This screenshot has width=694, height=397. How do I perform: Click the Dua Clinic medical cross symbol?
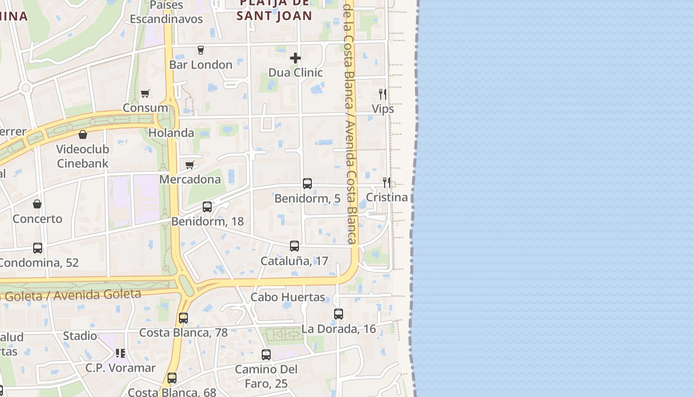(295, 58)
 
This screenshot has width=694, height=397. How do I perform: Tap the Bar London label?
(201, 65)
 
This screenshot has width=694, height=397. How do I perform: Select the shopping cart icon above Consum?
(145, 93)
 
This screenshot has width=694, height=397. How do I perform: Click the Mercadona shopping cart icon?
(189, 165)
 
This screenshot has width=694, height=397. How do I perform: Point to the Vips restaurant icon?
(383, 94)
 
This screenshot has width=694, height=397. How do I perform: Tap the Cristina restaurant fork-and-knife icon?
(387, 183)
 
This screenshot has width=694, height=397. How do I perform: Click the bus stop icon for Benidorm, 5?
(307, 184)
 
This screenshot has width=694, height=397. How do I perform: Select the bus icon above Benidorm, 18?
(207, 207)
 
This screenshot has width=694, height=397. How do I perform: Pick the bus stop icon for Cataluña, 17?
(294, 246)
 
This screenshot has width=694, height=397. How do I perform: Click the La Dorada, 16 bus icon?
(339, 314)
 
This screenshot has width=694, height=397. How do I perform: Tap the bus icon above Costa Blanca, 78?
(183, 318)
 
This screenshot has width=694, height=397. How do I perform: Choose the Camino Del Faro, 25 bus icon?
(266, 355)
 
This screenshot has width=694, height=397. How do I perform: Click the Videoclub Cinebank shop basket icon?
(83, 134)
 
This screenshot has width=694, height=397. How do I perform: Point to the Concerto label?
(38, 219)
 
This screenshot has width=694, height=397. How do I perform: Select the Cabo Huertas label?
(288, 297)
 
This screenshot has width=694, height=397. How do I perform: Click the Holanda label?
(171, 133)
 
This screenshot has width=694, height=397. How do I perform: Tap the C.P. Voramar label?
(120, 368)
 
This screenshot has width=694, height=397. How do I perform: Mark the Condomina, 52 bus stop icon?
(38, 248)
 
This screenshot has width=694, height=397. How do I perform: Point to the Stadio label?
(80, 336)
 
